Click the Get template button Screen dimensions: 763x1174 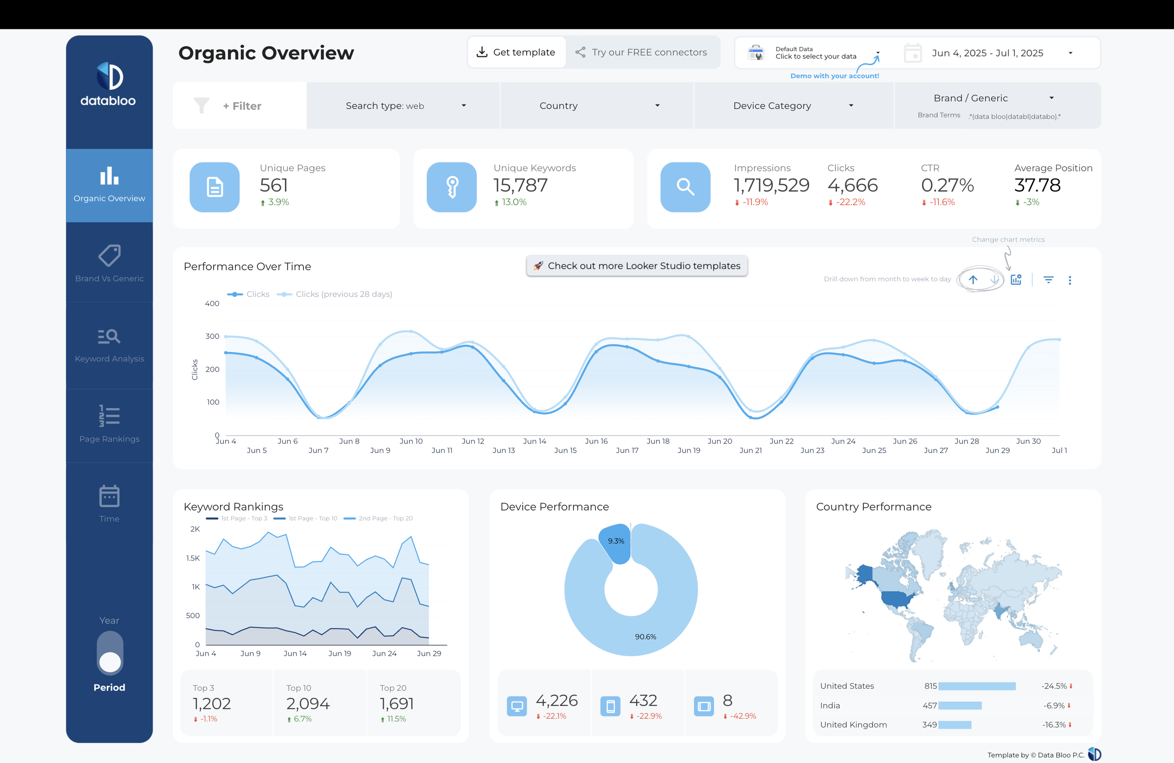click(x=516, y=52)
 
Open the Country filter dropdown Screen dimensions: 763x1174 click(x=599, y=106)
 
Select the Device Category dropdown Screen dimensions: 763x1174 click(x=793, y=106)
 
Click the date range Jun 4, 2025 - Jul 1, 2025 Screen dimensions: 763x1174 click(x=987, y=53)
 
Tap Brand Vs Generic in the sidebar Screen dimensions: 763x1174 click(x=109, y=263)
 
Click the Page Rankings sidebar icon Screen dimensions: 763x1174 click(x=109, y=416)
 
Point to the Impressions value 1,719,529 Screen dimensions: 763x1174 click(x=771, y=185)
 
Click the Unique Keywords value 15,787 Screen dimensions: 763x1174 click(x=520, y=185)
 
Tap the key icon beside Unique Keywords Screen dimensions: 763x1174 click(x=451, y=187)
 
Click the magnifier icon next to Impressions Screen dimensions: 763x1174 click(x=685, y=187)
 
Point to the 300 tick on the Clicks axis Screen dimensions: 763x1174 click(x=212, y=336)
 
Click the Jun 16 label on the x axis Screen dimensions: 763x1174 click(x=596, y=441)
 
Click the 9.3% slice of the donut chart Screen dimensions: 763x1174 click(x=616, y=542)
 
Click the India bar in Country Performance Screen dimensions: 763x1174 click(x=959, y=705)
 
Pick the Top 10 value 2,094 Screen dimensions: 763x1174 click(x=307, y=703)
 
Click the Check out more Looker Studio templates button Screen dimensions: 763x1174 click(x=636, y=266)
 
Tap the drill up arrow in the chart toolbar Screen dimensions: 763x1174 click(x=972, y=280)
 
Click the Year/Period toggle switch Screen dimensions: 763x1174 click(x=109, y=654)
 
